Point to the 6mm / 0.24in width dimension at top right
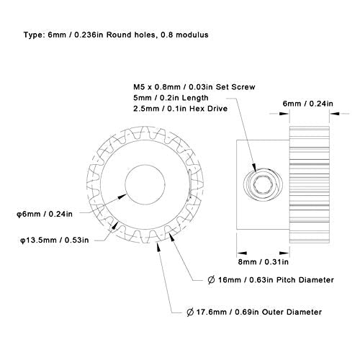pyautogui.click(x=307, y=104)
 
